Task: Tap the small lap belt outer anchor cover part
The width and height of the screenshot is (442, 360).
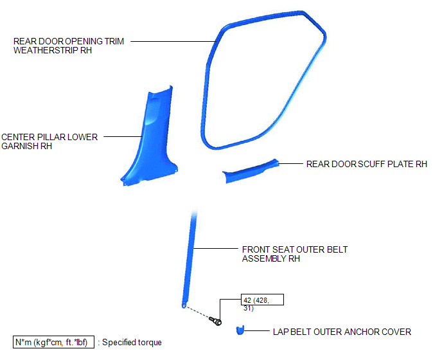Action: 240,330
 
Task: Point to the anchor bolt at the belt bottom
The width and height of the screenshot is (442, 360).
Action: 216,321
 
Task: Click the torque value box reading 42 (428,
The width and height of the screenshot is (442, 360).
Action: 262,300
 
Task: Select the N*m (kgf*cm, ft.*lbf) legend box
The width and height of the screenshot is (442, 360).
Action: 53,342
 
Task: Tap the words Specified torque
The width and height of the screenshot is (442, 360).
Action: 132,342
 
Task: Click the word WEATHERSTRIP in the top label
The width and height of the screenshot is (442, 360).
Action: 46,50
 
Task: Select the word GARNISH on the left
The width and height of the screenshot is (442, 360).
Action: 20,146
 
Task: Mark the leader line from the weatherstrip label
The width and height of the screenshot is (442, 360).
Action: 173,42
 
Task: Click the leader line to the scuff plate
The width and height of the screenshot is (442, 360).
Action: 290,163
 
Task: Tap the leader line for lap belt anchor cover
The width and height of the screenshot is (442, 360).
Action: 257,330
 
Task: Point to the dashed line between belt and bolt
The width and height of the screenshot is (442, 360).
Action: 198,312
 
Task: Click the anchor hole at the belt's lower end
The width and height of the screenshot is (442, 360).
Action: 184,305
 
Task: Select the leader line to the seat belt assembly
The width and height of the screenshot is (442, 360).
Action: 216,249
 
